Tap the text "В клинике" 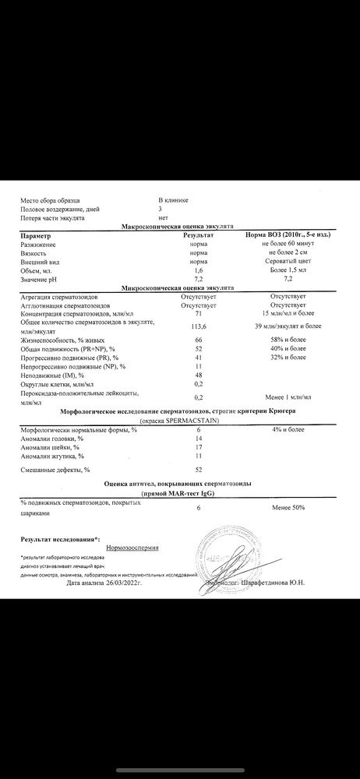[x=173, y=200]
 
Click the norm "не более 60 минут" [x=288, y=244]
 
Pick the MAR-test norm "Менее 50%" [x=288, y=507]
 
